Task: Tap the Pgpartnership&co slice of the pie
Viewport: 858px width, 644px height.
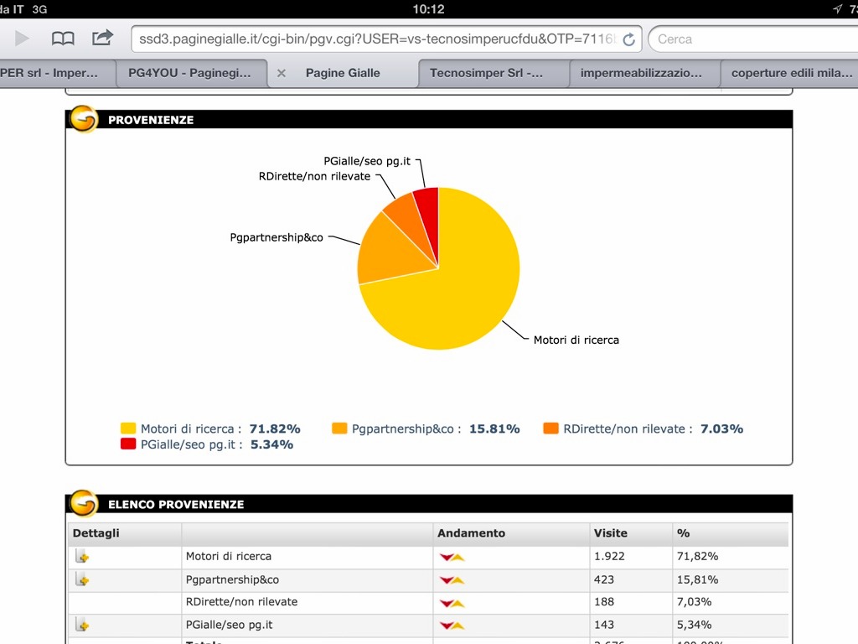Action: (x=390, y=252)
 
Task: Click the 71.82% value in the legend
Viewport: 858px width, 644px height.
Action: (x=275, y=428)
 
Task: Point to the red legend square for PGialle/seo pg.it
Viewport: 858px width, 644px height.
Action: (x=128, y=444)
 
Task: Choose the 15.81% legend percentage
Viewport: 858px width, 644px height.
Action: (x=494, y=428)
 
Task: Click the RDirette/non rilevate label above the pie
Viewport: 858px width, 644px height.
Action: (x=315, y=176)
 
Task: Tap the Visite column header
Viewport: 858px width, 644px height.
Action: (x=611, y=533)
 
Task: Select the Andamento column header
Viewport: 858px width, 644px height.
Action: (x=472, y=533)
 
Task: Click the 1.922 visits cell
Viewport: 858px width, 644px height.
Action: (x=609, y=556)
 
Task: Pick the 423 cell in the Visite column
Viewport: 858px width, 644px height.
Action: (x=604, y=579)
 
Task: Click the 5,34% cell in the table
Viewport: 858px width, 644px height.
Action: (x=694, y=625)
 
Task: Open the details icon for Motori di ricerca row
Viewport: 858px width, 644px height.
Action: (x=82, y=556)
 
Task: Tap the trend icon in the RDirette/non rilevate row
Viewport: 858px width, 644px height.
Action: (x=452, y=602)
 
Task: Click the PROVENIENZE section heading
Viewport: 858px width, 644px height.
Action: (x=151, y=120)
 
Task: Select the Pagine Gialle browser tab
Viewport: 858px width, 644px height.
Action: (x=343, y=73)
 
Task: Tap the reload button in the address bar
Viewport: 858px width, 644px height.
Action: (x=629, y=39)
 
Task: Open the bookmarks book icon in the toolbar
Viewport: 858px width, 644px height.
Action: (x=63, y=39)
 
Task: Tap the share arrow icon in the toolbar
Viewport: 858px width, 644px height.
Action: (x=102, y=38)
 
